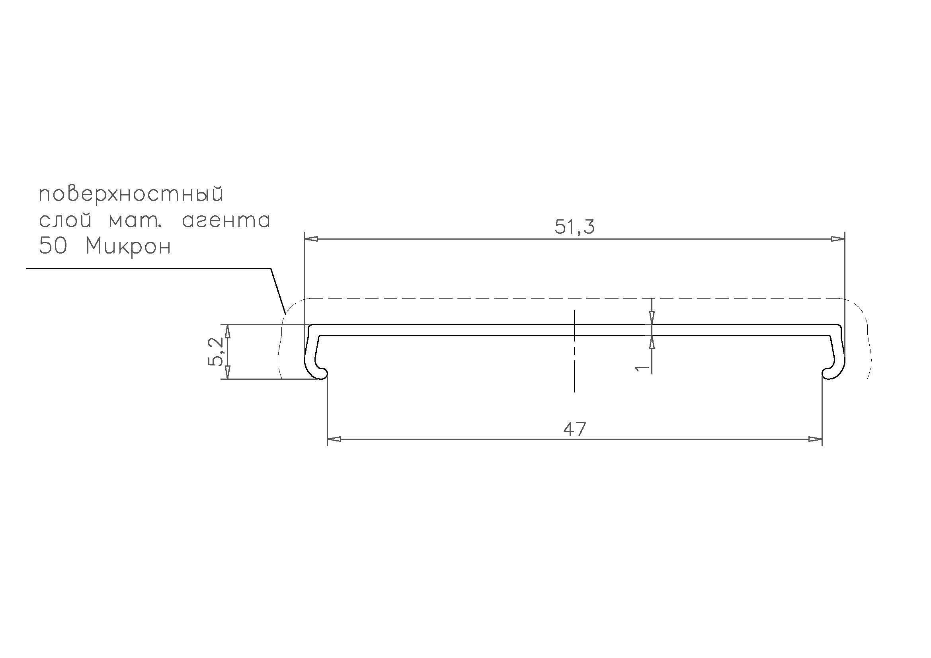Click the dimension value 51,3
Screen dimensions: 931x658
[x=575, y=227]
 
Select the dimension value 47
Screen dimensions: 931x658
[x=575, y=430]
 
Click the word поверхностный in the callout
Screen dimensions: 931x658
[x=131, y=195]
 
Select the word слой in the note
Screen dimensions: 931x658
[x=65, y=220]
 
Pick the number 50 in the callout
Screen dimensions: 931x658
[x=52, y=246]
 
